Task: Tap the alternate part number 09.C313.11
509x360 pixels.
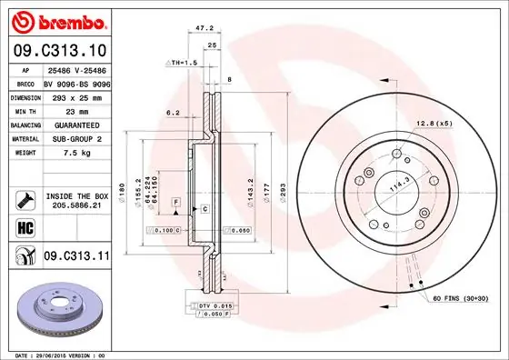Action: pyautogui.click(x=75, y=257)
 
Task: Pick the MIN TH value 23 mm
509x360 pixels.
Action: pyautogui.click(x=75, y=109)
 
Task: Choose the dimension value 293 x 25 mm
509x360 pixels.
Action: pyautogui.click(x=75, y=95)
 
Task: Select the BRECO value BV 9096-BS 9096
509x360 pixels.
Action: pyautogui.click(x=75, y=82)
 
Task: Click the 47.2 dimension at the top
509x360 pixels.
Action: pyautogui.click(x=206, y=28)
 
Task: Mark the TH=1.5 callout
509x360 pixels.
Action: pyautogui.click(x=182, y=62)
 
